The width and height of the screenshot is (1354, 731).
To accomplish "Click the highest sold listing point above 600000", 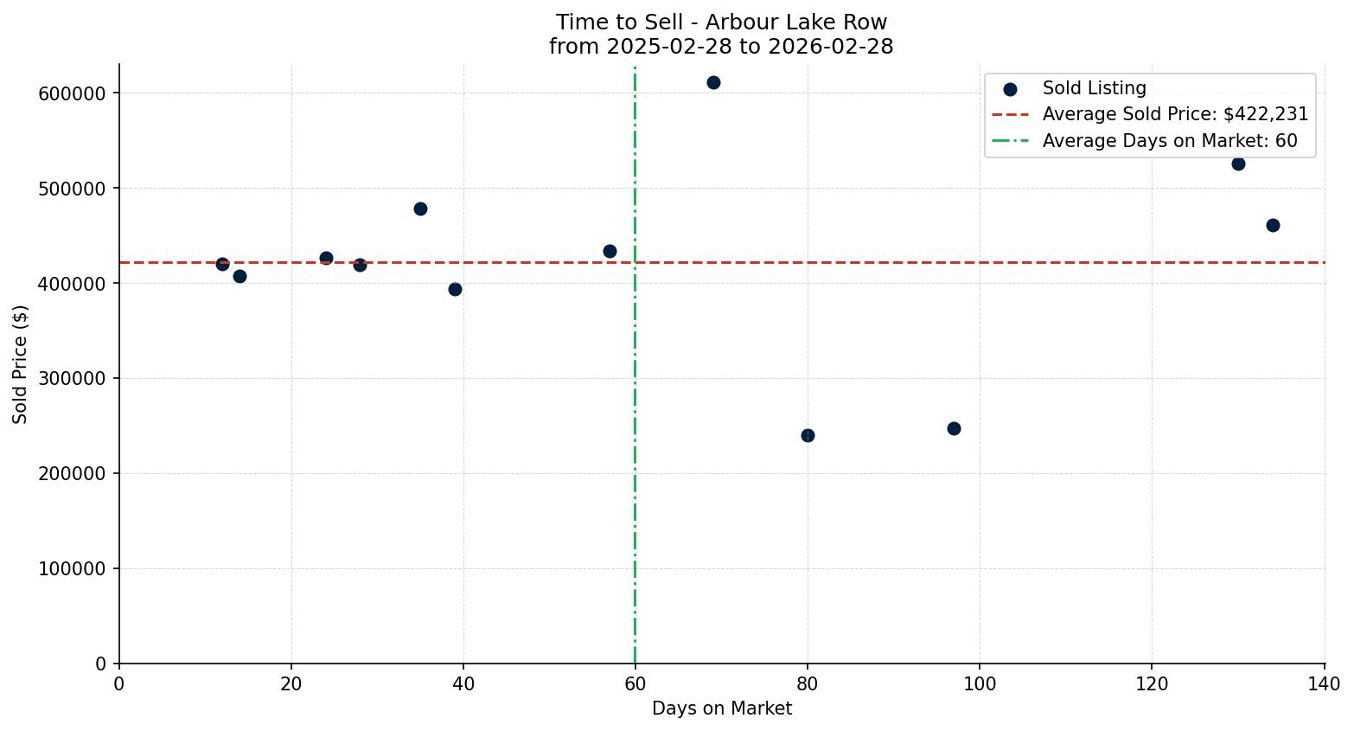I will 713,83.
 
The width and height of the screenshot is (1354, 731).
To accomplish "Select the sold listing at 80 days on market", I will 808,435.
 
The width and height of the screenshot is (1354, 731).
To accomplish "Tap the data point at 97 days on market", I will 954,428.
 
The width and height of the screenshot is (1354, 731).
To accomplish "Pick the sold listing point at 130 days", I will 1238,164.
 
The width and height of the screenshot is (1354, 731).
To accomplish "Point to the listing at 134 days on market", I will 1273,225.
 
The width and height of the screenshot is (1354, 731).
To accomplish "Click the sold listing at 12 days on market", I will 222,264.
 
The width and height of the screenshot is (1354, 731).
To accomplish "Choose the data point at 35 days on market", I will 420,208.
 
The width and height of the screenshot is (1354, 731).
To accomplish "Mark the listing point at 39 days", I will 455,289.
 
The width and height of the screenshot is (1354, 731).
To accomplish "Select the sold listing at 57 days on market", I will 610,251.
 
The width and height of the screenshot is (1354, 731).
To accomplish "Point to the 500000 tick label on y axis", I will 72,189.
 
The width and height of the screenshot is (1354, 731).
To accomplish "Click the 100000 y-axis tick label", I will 72,569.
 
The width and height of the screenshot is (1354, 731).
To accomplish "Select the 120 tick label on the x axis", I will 1152,683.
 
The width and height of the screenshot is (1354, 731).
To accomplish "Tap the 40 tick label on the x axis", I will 463,683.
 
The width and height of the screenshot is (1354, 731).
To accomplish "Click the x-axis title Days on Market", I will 722,709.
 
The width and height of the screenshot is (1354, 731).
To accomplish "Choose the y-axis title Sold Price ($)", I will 20,364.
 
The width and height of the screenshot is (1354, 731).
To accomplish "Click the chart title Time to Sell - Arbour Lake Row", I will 721,22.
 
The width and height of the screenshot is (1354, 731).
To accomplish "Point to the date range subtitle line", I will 721,47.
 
